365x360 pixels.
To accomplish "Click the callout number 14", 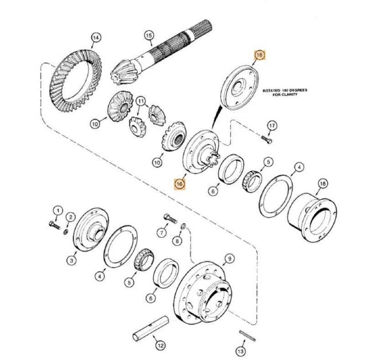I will point(95,37).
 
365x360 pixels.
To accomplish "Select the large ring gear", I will point(68,84).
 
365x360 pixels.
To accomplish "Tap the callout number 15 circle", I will point(148,35).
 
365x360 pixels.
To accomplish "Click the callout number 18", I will point(323,184).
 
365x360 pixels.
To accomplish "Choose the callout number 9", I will point(229,259).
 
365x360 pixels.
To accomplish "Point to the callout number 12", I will point(160,346).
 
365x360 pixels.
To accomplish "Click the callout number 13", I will point(241,351).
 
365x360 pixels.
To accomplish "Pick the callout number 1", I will point(57,210).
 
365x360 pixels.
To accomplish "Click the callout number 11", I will point(141,100).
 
